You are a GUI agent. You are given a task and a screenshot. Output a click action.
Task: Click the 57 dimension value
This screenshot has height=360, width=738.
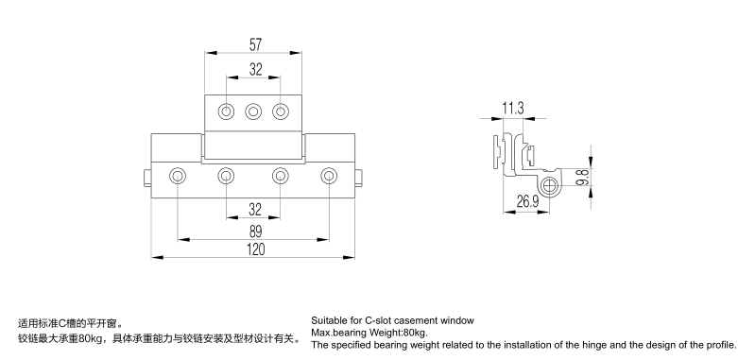tap(255, 44)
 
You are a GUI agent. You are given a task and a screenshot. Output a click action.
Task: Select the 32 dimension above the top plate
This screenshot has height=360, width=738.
tap(255, 70)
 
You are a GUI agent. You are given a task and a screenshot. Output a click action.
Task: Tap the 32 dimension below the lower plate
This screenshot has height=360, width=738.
tap(254, 210)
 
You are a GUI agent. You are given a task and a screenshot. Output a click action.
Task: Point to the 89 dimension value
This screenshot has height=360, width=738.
tap(255, 231)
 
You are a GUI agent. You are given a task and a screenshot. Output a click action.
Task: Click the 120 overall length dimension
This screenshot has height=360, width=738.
tap(255, 249)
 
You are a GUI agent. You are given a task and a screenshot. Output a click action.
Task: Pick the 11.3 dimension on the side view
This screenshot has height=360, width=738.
tap(513, 109)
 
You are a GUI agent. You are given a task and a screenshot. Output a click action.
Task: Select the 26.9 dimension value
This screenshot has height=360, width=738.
tap(527, 202)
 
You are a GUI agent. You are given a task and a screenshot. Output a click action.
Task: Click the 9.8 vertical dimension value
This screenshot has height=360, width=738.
tap(582, 178)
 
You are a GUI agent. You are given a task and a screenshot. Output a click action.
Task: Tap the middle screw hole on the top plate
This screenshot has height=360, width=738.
tap(253, 112)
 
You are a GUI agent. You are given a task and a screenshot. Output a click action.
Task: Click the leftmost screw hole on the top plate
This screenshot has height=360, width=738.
tap(227, 112)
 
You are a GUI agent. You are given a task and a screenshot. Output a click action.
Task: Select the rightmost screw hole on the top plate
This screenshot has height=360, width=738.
tap(281, 112)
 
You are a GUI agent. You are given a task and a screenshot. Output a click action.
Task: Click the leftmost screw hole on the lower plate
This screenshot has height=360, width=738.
tap(178, 177)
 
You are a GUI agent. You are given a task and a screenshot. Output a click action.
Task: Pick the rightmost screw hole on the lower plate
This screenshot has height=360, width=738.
tap(329, 177)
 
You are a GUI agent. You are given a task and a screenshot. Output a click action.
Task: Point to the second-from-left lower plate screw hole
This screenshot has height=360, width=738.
tap(226, 177)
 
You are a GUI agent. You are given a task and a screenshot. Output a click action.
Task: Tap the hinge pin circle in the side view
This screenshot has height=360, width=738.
tap(549, 186)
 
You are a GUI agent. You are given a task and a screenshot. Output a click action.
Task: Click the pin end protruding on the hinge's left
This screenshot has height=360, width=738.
tap(147, 178)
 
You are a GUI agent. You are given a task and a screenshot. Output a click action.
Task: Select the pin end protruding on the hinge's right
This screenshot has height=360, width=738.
tap(359, 178)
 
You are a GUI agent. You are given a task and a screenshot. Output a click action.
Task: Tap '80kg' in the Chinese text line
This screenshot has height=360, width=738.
tap(92, 338)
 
